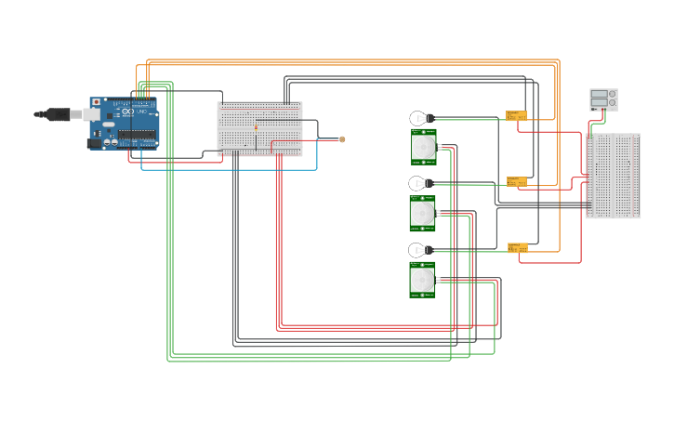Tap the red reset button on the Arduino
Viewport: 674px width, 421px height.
coord(96,101)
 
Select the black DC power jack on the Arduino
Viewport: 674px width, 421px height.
coord(94,143)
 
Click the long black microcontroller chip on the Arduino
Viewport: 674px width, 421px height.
coord(136,135)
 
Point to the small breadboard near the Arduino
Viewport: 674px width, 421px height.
coord(259,128)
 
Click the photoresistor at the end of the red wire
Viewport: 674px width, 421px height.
coord(342,139)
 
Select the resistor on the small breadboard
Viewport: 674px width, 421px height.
coord(257,125)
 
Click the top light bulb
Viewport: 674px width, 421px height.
coord(420,118)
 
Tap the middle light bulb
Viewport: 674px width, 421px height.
coord(419,184)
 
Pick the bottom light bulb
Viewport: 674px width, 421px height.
coord(419,250)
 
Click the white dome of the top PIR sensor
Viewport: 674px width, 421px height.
coord(423,148)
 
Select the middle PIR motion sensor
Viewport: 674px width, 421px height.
coord(423,214)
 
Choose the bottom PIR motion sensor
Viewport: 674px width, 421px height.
coord(423,280)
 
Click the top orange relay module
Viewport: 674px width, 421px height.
coord(516,115)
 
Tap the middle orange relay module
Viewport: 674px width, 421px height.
coord(516,181)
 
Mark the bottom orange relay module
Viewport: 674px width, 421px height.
coord(517,247)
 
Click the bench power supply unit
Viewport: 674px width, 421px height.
coord(603,99)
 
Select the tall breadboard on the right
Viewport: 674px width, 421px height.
coord(613,176)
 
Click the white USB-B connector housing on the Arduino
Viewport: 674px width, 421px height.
coord(91,114)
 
